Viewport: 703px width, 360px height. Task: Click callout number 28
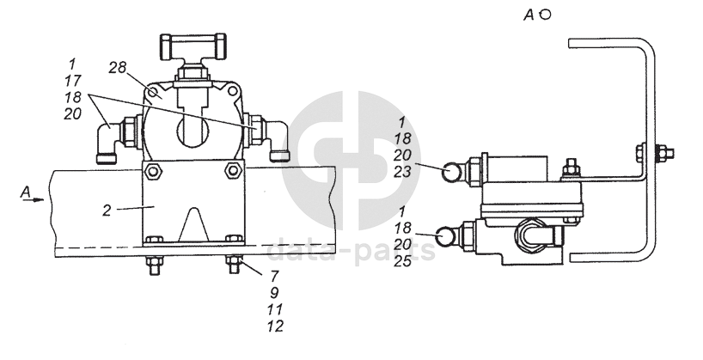(x=118, y=68)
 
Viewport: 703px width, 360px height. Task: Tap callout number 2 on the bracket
(x=107, y=211)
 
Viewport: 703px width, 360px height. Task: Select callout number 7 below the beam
(x=274, y=275)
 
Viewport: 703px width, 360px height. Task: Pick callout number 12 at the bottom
(x=275, y=326)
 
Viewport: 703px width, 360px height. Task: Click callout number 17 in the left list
(x=73, y=81)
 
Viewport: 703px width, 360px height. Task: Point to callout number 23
(x=402, y=172)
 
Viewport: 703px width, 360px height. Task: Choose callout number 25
(x=402, y=261)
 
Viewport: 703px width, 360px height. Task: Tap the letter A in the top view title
(x=529, y=15)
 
